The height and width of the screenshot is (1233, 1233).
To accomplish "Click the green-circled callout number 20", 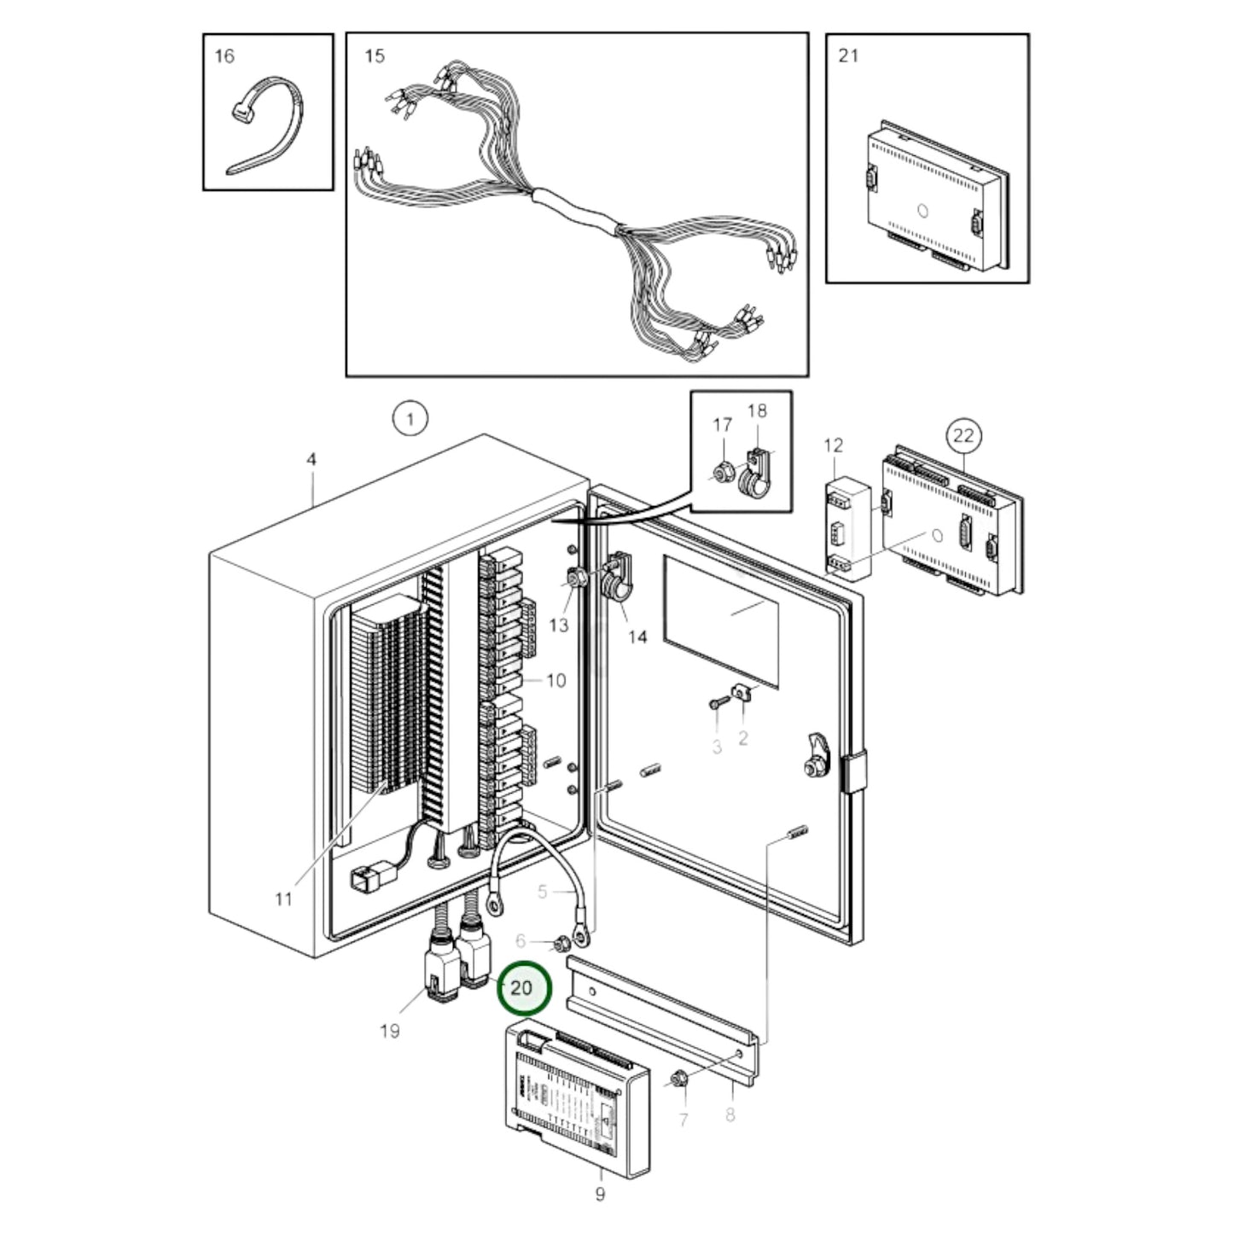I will (x=521, y=988).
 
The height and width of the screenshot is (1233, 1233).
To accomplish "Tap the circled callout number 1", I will (x=410, y=419).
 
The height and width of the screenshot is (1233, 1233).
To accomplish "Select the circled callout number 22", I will (x=963, y=436).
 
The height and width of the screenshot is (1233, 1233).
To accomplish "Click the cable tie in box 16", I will (x=256, y=128).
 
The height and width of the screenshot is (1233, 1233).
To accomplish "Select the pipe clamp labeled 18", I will (x=754, y=474).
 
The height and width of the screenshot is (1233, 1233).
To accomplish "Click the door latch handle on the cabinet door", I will (x=817, y=753).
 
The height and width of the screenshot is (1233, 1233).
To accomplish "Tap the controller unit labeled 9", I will (x=578, y=1092).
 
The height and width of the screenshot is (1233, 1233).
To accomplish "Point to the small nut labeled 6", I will (x=561, y=944).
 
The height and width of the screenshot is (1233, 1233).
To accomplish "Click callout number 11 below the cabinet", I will (x=283, y=899).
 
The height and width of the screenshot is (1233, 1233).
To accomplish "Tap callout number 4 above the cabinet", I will (x=311, y=459).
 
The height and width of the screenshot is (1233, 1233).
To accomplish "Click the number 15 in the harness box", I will (x=375, y=56).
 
